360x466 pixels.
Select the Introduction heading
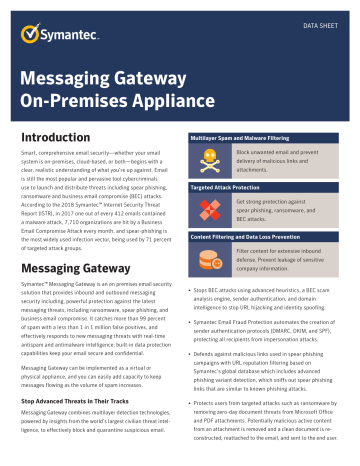tap(58, 134)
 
